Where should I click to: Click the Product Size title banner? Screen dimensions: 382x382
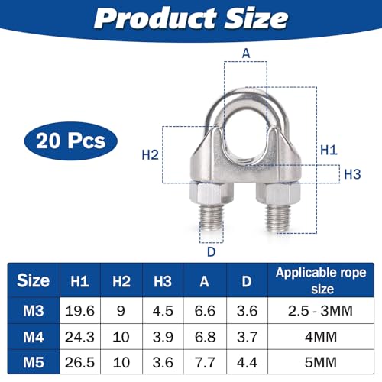[x=190, y=18]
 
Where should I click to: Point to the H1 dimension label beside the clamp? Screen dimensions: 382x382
[x=328, y=151]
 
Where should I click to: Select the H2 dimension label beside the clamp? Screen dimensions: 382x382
[x=150, y=154]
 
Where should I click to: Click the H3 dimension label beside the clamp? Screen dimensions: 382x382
[x=352, y=173]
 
